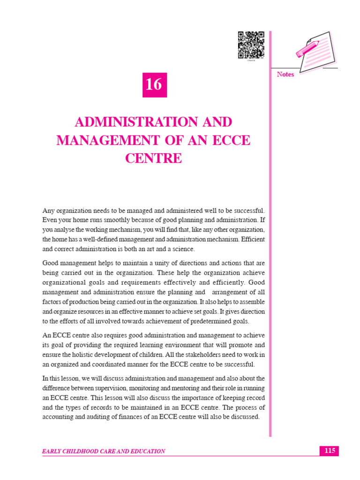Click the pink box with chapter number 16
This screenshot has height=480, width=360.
tap(154, 85)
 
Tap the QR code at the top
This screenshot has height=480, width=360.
tap(251, 45)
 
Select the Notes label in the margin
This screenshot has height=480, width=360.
tap(285, 75)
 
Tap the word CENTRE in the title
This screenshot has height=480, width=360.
tap(153, 158)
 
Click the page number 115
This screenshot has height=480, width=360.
tap(329, 451)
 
